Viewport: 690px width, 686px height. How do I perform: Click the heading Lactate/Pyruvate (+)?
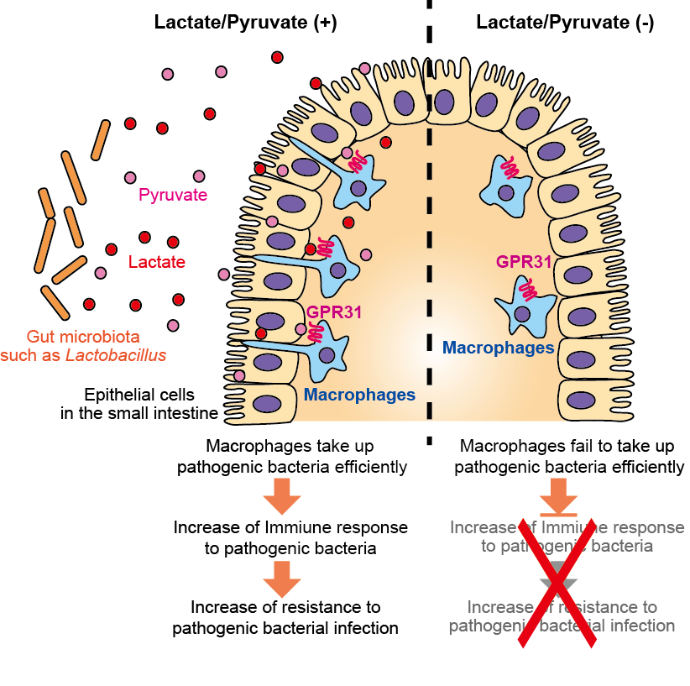pyautogui.click(x=245, y=23)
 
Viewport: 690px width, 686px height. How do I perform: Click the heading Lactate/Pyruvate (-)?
pyautogui.click(x=564, y=23)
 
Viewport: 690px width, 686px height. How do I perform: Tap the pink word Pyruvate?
pyautogui.click(x=173, y=196)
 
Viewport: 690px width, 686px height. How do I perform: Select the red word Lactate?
pyautogui.click(x=157, y=262)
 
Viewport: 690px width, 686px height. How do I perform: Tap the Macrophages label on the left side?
pyautogui.click(x=359, y=395)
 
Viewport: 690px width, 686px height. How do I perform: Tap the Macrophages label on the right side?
pyautogui.click(x=498, y=347)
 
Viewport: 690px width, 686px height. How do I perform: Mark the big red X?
pyautogui.click(x=557, y=582)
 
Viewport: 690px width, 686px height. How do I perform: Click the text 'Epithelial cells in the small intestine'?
pyautogui.click(x=139, y=403)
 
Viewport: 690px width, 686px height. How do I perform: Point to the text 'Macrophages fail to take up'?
pyautogui.click(x=572, y=445)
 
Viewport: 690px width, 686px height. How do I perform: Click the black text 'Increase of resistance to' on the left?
pyautogui.click(x=285, y=607)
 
